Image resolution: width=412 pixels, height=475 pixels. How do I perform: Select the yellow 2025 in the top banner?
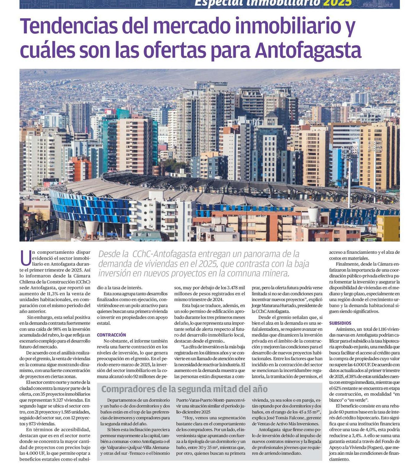coord(337,3)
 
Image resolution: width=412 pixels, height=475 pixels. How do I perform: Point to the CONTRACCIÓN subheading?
coord(111,335)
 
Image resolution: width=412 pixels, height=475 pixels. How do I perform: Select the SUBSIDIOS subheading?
coord(340,323)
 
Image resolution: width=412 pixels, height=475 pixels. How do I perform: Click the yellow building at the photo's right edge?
coord(388,228)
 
